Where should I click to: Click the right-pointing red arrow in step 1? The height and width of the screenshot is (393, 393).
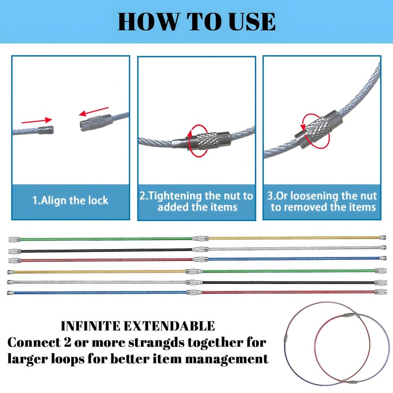pos(36,121)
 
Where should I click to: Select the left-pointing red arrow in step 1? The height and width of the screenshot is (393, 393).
pos(94,112)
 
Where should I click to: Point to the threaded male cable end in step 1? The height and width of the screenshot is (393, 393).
pos(46,130)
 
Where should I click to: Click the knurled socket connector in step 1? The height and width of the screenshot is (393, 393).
pos(96,122)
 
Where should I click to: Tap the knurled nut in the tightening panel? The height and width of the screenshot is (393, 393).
pos(206,141)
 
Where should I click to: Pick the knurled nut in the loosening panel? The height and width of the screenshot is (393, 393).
pos(316,129)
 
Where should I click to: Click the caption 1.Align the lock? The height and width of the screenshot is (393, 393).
pos(70,200)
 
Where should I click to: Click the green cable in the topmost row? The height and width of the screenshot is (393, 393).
pos(106,239)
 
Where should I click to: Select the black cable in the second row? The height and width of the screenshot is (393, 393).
pos(106,250)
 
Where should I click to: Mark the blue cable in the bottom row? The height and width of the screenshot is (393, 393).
pos(100,292)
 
